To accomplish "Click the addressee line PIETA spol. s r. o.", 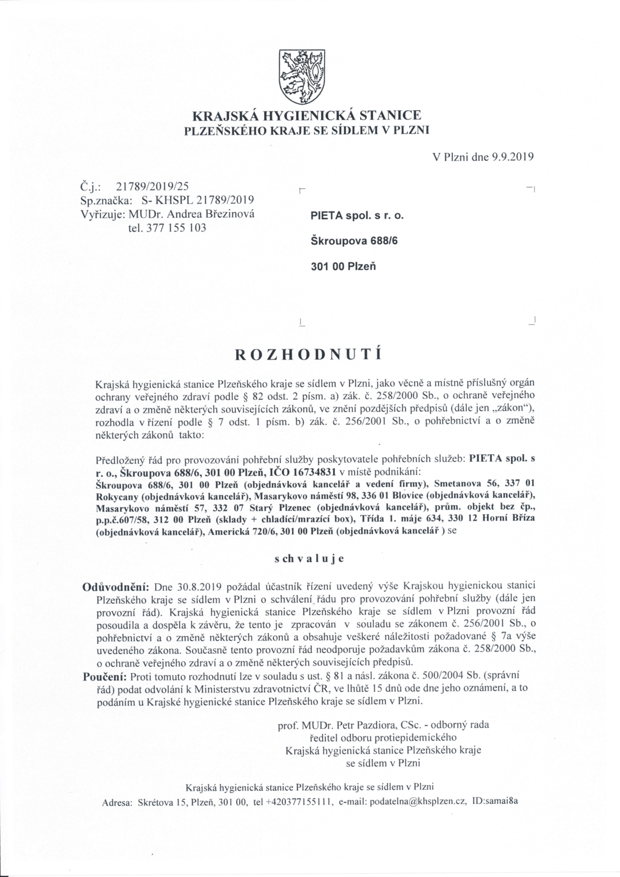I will pos(357,216).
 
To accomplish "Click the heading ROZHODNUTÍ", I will pos(308,354).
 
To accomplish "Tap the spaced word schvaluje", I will pos(309,559).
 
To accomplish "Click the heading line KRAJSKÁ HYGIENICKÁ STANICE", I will pos(306,116).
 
